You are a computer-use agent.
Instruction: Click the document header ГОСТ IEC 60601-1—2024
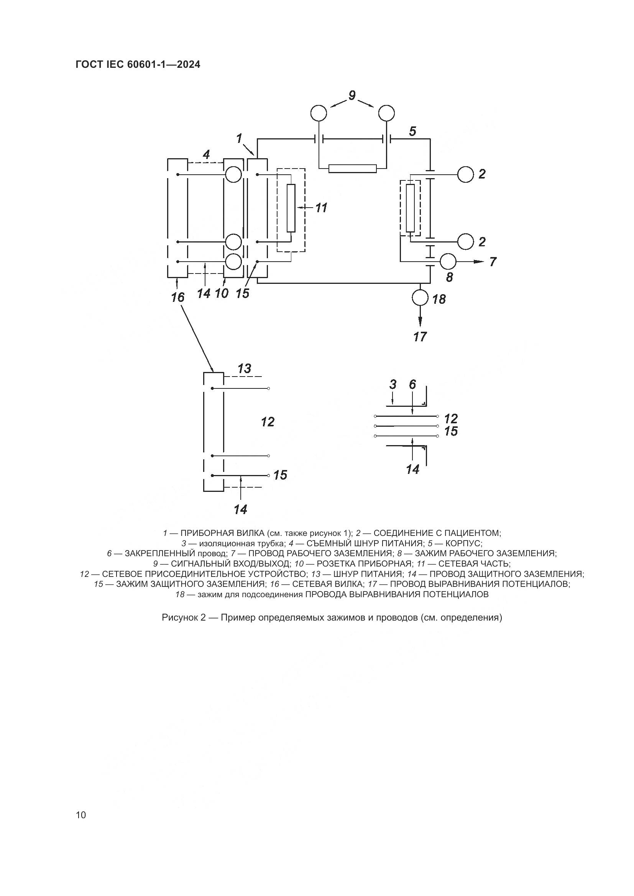[x=138, y=65]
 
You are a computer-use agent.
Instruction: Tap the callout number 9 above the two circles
[x=352, y=95]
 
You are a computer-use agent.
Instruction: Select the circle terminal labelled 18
[x=420, y=298]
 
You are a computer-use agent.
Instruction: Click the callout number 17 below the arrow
[x=420, y=336]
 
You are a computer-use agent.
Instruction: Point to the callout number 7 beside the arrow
[x=493, y=262]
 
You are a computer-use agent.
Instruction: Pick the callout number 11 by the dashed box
[x=321, y=208]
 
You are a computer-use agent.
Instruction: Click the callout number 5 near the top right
[x=413, y=131]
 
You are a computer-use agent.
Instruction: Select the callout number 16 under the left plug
[x=177, y=297]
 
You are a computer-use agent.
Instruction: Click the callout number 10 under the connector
[x=222, y=293]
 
